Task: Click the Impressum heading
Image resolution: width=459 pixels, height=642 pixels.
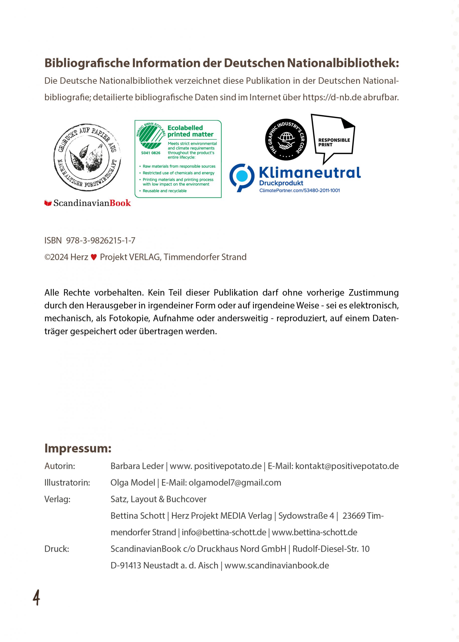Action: pos(78,448)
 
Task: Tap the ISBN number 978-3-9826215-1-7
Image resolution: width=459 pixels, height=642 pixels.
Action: pos(101,240)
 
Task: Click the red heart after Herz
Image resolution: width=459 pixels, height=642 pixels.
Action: pos(94,257)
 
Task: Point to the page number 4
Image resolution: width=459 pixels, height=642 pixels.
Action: pos(36,598)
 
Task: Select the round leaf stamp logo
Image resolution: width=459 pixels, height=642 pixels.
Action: pos(87,157)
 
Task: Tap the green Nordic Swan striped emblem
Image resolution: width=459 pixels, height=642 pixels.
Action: pos(151,137)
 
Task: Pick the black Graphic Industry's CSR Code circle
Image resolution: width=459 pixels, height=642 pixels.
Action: pos(286,140)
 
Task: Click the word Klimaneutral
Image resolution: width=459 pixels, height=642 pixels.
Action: pos(310,173)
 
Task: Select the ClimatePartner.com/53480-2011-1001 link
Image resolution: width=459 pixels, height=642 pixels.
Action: pos(300,191)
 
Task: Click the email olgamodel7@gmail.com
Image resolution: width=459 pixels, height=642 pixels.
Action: pos(235,483)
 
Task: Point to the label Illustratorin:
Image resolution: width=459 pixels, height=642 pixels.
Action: pos(67,483)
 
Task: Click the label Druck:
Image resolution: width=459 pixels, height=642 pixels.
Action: pos(57,549)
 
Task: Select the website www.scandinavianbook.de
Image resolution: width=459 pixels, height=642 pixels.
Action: pos(277,566)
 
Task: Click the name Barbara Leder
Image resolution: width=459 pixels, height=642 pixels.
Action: pos(137,466)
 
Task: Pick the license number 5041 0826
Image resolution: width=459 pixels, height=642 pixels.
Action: pos(151,153)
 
